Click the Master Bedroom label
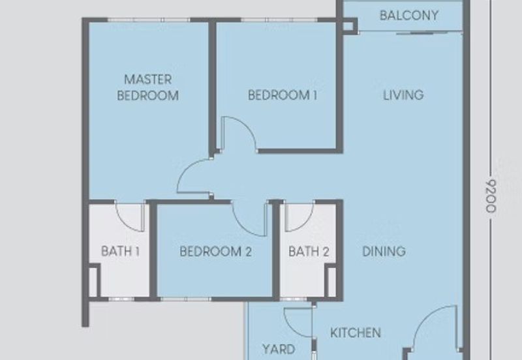tap(148, 87)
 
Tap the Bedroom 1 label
tap(283, 95)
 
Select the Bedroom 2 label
tap(215, 251)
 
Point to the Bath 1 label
tap(120, 251)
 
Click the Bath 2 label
tap(309, 252)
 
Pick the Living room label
tap(403, 95)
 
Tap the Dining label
tap(384, 251)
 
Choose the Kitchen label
tap(356, 333)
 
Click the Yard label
tap(279, 350)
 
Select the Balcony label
tap(409, 15)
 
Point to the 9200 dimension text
tap(491, 196)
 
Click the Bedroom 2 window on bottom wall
tap(185, 299)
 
